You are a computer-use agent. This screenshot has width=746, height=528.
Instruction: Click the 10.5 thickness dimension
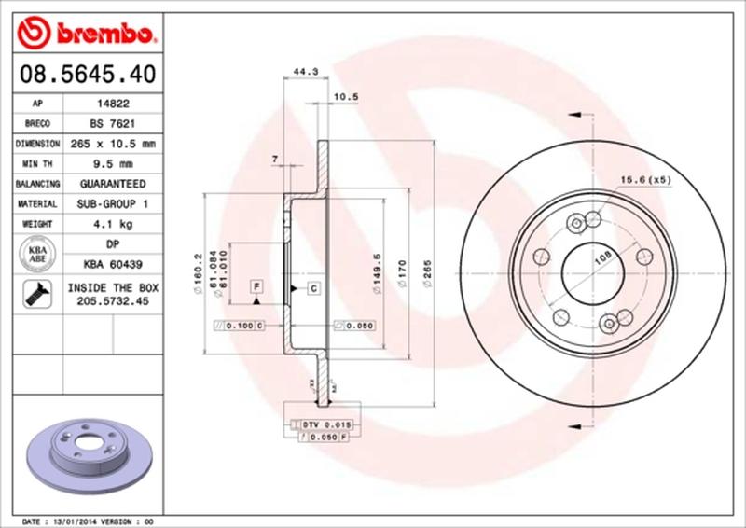pyautogui.click(x=346, y=97)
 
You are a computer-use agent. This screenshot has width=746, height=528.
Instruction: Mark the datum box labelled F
pyautogui.click(x=256, y=285)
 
